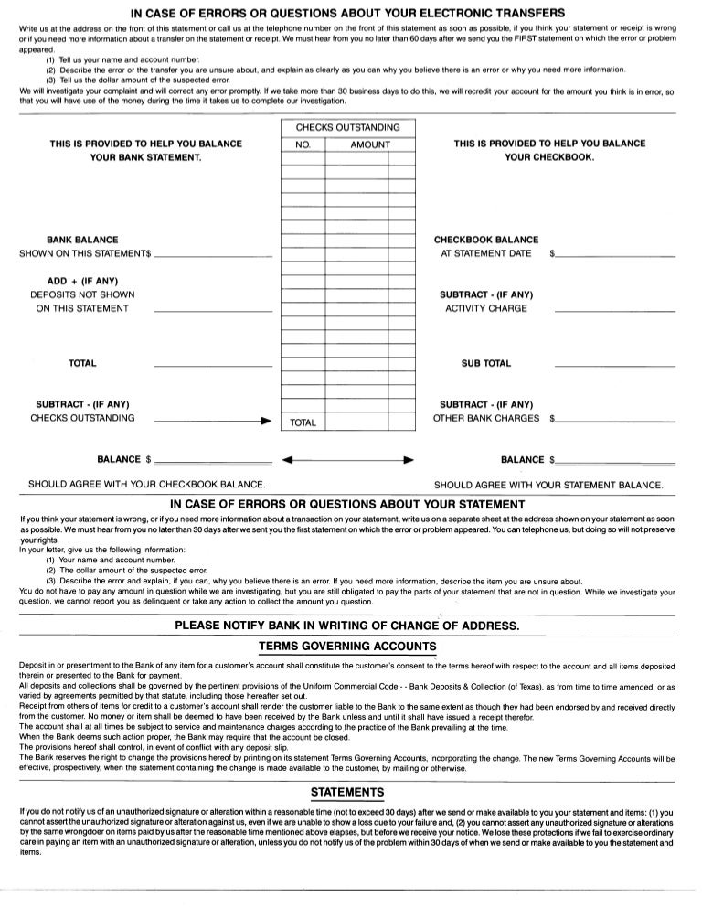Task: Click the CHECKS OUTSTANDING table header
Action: (347, 127)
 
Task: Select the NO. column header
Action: (304, 144)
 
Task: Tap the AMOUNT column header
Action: (370, 144)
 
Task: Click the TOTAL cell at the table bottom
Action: (303, 422)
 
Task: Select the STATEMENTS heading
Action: (347, 792)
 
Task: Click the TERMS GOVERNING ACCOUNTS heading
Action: (347, 647)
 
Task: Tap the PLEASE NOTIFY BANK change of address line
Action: (347, 626)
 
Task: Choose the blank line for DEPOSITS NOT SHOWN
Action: (214, 312)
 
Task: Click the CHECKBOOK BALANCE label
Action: (486, 240)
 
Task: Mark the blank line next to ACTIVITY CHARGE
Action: (614, 312)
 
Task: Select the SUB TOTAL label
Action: (486, 363)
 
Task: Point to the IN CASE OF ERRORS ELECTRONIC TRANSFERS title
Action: (347, 13)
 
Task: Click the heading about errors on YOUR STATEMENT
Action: (347, 504)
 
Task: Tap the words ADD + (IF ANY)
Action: (82, 281)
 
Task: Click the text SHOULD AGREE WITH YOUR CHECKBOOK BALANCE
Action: (147, 483)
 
